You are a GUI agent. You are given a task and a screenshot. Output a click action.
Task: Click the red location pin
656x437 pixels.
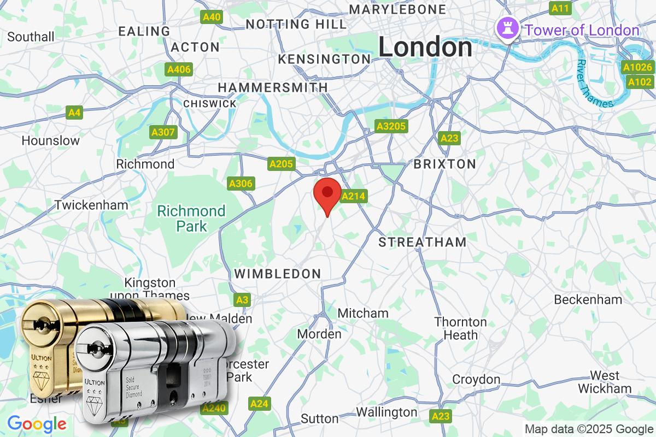pos(327,194)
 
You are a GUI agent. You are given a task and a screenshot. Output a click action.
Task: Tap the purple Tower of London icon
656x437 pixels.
pos(507,29)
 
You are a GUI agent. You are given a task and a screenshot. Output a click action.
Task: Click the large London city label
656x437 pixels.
pos(425,48)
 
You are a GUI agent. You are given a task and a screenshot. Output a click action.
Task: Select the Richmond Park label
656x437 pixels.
pos(191,218)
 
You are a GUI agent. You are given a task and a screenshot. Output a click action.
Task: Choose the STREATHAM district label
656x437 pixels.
pos(423,242)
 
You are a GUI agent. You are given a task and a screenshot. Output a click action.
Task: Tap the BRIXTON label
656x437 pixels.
pos(444,164)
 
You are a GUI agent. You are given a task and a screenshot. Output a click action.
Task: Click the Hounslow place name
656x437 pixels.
pos(50,140)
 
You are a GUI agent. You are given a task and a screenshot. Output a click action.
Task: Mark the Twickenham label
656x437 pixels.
pos(91,205)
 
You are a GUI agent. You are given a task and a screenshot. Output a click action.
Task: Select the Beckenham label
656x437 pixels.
pos(588,299)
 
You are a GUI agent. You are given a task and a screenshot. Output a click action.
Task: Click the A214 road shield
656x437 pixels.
pos(353,196)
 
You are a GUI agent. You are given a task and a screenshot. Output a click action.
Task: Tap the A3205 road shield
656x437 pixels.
pos(391,127)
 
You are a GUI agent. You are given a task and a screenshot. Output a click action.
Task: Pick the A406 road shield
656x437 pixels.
pos(179,69)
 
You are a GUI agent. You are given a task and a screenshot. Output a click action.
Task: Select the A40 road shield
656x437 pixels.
pos(212,17)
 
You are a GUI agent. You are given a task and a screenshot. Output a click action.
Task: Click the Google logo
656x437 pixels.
pos(37,423)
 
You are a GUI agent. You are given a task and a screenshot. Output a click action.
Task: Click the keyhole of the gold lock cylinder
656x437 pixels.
pos(40,326)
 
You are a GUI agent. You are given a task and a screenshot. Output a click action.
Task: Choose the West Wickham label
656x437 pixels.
pos(604,382)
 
